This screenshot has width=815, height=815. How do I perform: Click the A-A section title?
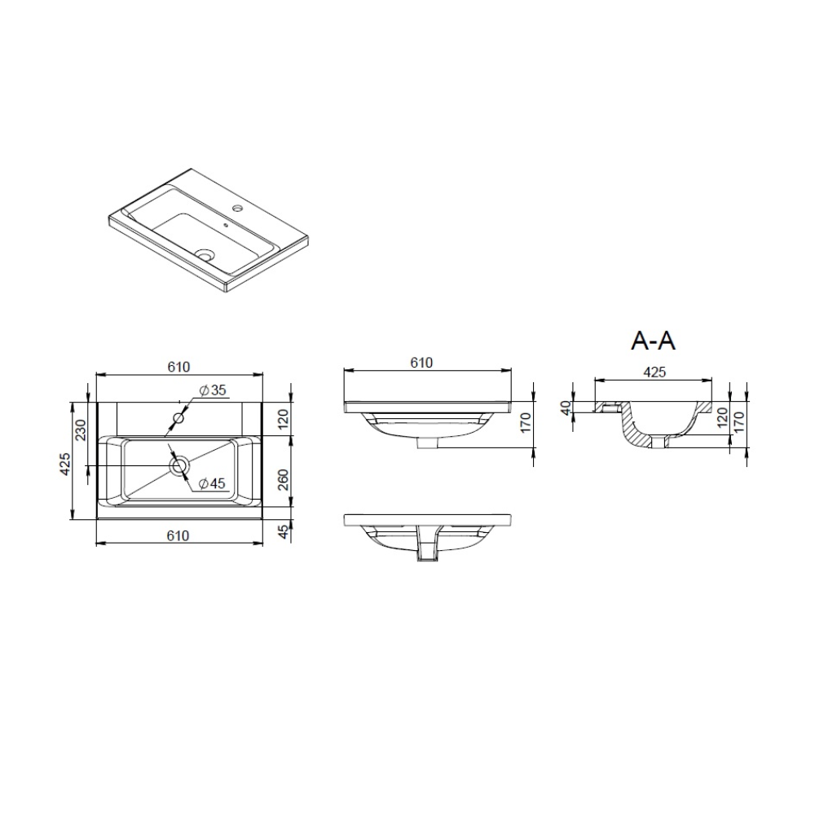(653, 341)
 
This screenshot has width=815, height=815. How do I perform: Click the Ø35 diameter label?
(213, 390)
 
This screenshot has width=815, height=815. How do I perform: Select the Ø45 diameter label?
(212, 483)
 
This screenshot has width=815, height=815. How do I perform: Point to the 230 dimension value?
(81, 430)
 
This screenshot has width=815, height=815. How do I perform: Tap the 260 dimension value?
(283, 480)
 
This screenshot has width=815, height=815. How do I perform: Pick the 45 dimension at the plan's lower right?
(283, 531)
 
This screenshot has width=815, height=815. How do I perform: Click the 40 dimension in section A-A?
(566, 407)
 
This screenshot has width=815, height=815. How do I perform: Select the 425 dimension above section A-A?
(654, 372)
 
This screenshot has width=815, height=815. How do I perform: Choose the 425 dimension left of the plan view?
(64, 464)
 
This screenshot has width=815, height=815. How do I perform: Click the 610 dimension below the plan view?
(178, 535)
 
